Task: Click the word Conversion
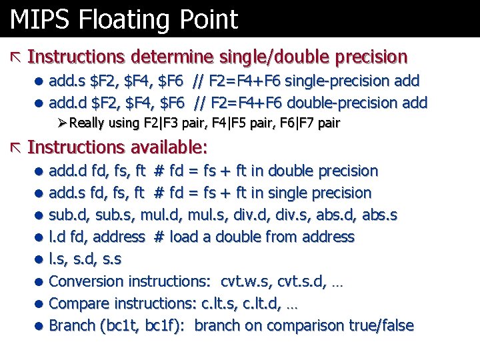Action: (87, 281)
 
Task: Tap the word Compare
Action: (79, 303)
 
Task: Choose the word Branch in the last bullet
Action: (72, 325)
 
